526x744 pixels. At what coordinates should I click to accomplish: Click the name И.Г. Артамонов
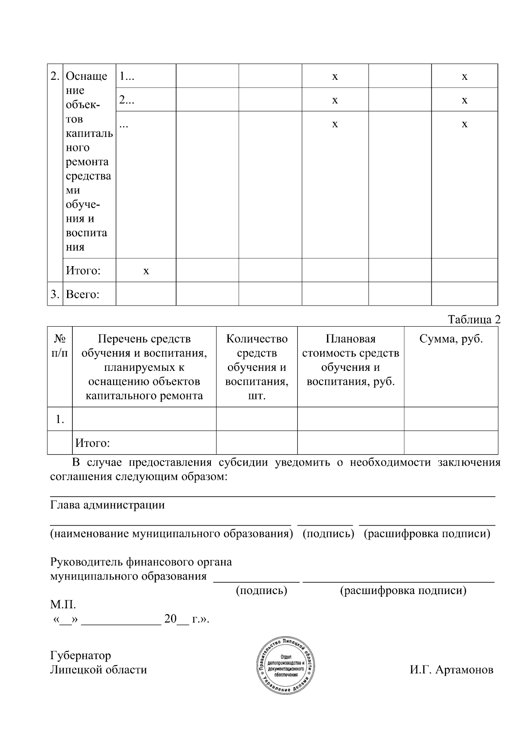(451, 670)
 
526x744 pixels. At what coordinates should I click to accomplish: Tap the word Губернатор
(81, 655)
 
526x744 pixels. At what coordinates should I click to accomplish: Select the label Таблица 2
(474, 320)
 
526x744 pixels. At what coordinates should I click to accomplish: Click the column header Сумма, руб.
(451, 339)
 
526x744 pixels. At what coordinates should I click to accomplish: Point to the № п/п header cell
(60, 346)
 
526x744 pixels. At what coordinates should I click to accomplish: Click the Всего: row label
(82, 294)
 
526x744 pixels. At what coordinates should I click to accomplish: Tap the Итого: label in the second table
(92, 443)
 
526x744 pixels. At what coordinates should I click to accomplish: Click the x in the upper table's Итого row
(146, 271)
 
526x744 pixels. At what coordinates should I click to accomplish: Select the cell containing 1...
(127, 76)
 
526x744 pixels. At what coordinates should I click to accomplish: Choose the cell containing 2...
(127, 100)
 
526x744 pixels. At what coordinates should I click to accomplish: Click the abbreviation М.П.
(63, 605)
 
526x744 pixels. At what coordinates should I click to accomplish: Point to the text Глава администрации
(107, 505)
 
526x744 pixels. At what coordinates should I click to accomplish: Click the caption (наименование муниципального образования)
(171, 534)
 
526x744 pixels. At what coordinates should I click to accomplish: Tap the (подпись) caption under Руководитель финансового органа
(261, 591)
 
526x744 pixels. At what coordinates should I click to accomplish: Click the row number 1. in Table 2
(60, 420)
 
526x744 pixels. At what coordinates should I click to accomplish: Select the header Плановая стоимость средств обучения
(350, 360)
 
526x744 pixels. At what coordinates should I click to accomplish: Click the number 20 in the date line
(170, 619)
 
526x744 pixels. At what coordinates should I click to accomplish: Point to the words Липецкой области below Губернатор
(99, 670)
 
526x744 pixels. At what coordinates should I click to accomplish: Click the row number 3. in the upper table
(55, 294)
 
